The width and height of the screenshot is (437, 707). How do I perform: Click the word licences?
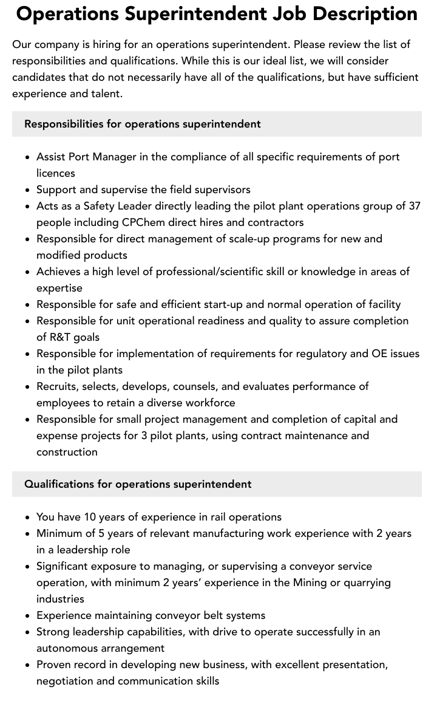[x=56, y=173]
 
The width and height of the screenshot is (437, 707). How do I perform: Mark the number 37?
[x=415, y=206]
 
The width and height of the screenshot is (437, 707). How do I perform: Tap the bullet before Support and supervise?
[x=28, y=190]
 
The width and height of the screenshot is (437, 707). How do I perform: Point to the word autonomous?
[x=68, y=648]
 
